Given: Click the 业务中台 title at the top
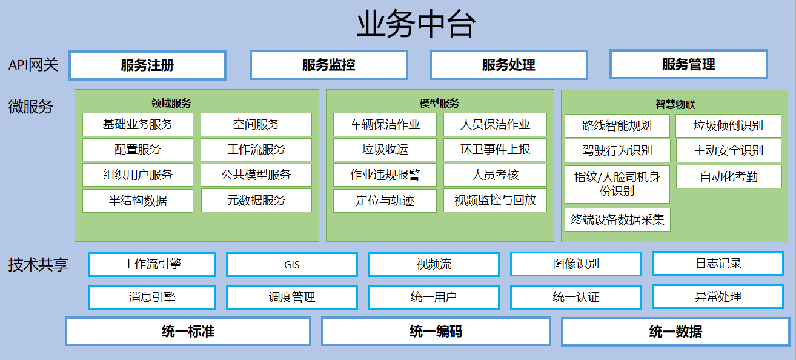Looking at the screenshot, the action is pos(416,24).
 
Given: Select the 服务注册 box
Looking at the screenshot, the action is pos(147,65).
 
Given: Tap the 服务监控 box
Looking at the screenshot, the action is pos(329,65).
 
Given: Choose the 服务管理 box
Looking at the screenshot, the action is pos(689,64).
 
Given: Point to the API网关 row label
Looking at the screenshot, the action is pos(33,65).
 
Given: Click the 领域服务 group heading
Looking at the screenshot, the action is pos(171,104).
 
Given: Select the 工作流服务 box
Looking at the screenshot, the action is pos(256,150).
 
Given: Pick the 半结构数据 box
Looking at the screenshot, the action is pos(138,201).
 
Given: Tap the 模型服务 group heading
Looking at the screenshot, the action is pos(439,104).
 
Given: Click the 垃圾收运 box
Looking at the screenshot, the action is pos(385,150).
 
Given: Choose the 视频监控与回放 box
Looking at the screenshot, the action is pos(495,201).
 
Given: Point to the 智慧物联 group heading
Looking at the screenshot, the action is pos(675,104).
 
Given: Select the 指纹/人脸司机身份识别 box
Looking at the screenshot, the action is pos(617,184).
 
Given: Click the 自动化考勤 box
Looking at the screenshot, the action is pos(729,176).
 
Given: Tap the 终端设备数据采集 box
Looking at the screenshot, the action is pos(618,219).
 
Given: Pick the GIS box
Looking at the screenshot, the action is pos(292,264).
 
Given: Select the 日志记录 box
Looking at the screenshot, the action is pos(718,264).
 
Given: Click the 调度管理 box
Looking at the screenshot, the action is pos(292,297).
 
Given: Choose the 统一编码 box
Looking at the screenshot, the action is pos(436,332).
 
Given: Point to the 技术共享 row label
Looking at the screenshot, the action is pos(38,264).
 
